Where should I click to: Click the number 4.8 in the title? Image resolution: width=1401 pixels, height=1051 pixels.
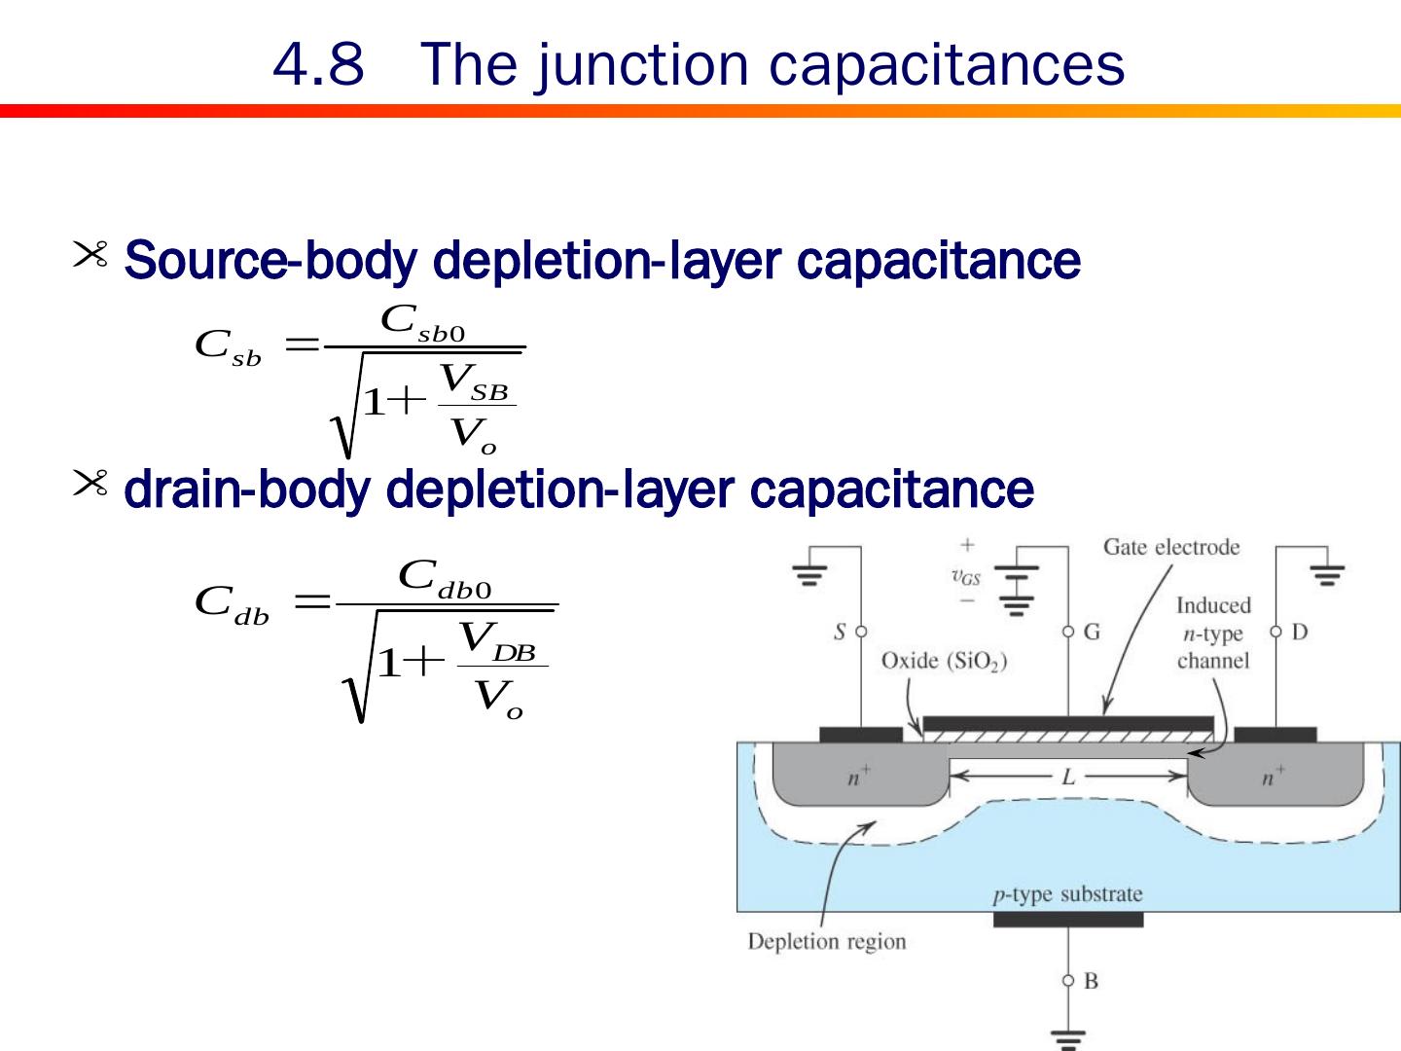pyautogui.click(x=318, y=65)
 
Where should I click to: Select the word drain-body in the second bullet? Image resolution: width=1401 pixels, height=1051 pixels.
pyautogui.click(x=247, y=489)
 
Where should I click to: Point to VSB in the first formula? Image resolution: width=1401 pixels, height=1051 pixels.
pyautogui.click(x=475, y=381)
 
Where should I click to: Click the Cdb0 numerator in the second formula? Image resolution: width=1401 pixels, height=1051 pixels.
pyautogui.click(x=446, y=578)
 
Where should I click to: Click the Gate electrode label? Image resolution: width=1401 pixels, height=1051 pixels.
pyautogui.click(x=1171, y=547)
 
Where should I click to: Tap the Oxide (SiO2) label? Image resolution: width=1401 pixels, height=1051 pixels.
pyautogui.click(x=944, y=662)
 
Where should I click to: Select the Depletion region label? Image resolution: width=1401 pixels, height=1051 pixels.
pyautogui.click(x=826, y=942)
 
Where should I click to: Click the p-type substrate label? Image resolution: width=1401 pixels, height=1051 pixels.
pyautogui.click(x=1067, y=894)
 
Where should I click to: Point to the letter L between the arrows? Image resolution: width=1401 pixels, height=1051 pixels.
pyautogui.click(x=1068, y=777)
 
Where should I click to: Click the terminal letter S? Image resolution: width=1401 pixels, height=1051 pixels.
pyautogui.click(x=840, y=633)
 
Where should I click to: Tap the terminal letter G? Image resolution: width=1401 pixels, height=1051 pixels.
pyautogui.click(x=1092, y=633)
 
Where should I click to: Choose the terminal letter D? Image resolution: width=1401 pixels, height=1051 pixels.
pyautogui.click(x=1299, y=633)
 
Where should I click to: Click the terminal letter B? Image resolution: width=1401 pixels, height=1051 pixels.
pyautogui.click(x=1091, y=981)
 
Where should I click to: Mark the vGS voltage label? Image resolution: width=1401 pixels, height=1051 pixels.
pyautogui.click(x=966, y=577)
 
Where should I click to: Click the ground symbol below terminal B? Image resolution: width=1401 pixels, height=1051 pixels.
pyautogui.click(x=1068, y=1039)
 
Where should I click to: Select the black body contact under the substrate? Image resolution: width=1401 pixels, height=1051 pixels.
pyautogui.click(x=1067, y=920)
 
